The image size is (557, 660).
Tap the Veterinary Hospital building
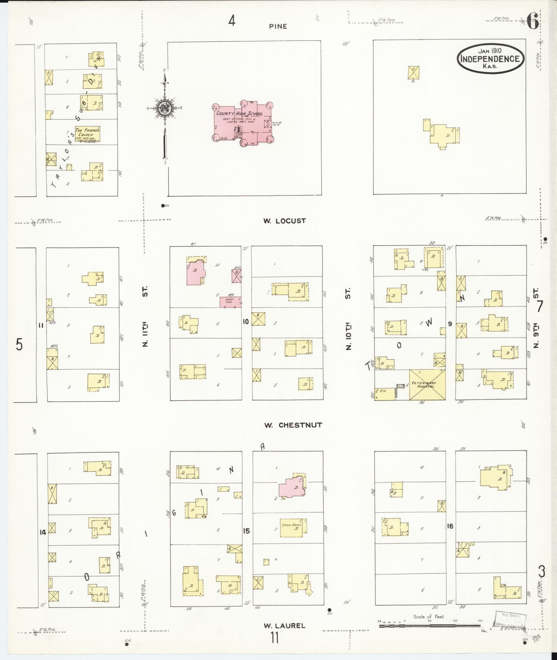pyautogui.click(x=427, y=385)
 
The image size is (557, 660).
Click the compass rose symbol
pyautogui.click(x=164, y=109)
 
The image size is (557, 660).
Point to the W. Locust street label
pyautogui.click(x=285, y=221)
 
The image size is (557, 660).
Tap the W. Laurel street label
pyautogui.click(x=285, y=625)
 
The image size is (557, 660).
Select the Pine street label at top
pyautogui.click(x=278, y=26)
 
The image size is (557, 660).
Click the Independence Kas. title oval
pyautogui.click(x=490, y=58)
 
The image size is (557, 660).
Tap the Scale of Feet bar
pyautogui.click(x=430, y=625)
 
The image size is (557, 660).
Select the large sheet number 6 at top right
pyautogui.click(x=533, y=23)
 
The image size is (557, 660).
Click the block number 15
pyautogui.click(x=246, y=531)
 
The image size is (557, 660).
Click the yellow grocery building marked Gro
pyautogui.click(x=384, y=394)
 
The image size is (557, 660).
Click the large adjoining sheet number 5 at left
pyautogui.click(x=19, y=344)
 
